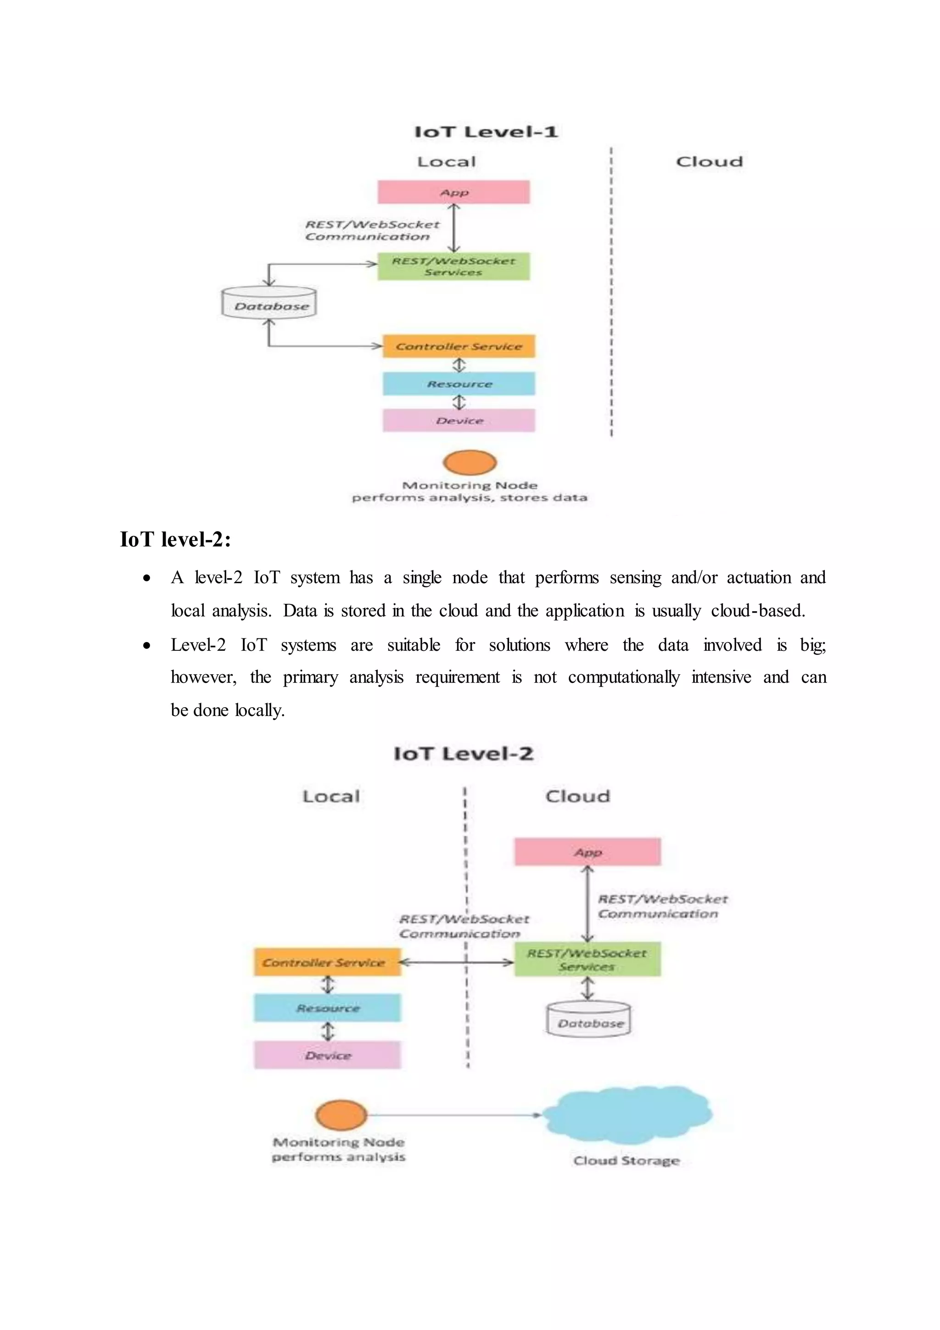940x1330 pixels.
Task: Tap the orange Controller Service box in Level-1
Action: (459, 346)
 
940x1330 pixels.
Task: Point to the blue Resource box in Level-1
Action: (459, 383)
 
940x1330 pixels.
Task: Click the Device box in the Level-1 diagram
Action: (459, 421)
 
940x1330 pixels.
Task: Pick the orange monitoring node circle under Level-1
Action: (470, 462)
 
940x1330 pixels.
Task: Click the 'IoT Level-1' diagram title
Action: (486, 131)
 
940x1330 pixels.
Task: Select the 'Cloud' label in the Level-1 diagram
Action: (709, 162)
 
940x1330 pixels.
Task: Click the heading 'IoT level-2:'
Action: (175, 539)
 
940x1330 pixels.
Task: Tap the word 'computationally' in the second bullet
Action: (623, 677)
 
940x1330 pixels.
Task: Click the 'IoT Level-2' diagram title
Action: (463, 754)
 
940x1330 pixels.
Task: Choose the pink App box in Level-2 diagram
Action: (587, 852)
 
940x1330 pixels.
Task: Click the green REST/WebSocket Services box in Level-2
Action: (587, 960)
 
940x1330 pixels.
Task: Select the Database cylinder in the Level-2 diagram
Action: (589, 1020)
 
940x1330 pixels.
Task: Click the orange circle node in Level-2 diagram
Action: (341, 1115)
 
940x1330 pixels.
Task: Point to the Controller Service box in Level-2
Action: (327, 962)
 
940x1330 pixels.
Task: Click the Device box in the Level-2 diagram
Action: (327, 1055)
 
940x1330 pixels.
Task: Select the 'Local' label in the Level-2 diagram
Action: (331, 796)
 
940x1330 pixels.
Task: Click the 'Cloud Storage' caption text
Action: (626, 1161)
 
